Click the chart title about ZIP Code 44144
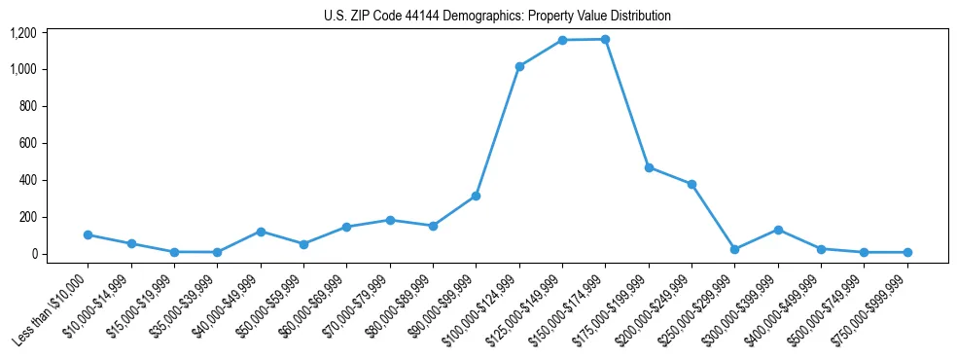[497, 17]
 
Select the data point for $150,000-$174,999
[606, 39]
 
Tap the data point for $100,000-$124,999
[519, 66]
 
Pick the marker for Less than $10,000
[89, 234]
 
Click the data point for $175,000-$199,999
[649, 167]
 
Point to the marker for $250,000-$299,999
[734, 249]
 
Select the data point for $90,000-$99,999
[477, 196]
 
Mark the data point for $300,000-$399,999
[778, 230]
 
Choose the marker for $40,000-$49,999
[261, 232]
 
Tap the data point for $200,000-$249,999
[691, 184]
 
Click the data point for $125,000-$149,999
[562, 40]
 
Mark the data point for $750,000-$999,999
[906, 252]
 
